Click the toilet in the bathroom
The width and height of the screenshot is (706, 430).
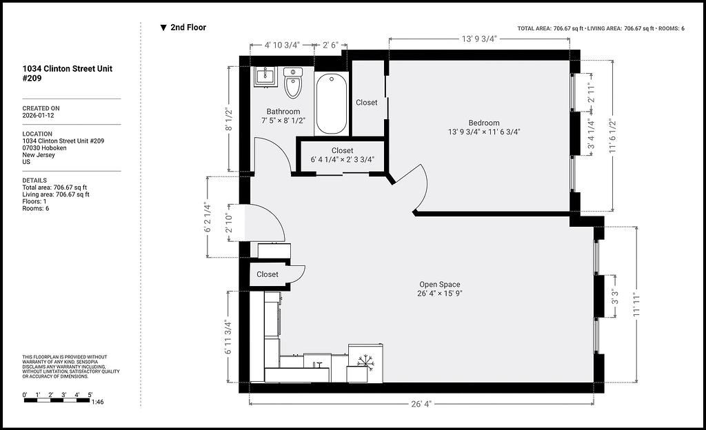[x=292, y=83]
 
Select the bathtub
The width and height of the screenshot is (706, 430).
[x=332, y=104]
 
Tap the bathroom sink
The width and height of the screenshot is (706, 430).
[x=265, y=76]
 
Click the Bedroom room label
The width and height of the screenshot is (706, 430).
[x=484, y=123]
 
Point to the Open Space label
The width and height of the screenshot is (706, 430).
[x=439, y=285]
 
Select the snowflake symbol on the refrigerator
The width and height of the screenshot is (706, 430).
[x=365, y=362]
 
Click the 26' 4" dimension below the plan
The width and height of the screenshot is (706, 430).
[x=421, y=404]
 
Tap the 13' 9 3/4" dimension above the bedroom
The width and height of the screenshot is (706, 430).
[x=479, y=39]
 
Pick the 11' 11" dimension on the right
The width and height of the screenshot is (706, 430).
[x=636, y=305]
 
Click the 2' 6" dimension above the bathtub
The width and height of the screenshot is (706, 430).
[x=330, y=45]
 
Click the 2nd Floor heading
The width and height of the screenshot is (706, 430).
[x=188, y=27]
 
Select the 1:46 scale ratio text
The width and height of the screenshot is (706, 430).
[x=97, y=402]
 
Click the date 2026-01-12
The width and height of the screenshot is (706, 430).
[x=39, y=115]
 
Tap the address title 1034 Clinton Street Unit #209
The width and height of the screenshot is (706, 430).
[x=68, y=73]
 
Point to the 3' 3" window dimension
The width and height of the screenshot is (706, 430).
[x=614, y=297]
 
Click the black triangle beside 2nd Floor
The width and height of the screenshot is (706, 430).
[x=163, y=28]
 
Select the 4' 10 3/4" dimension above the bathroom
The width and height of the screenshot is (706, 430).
[x=282, y=45]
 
